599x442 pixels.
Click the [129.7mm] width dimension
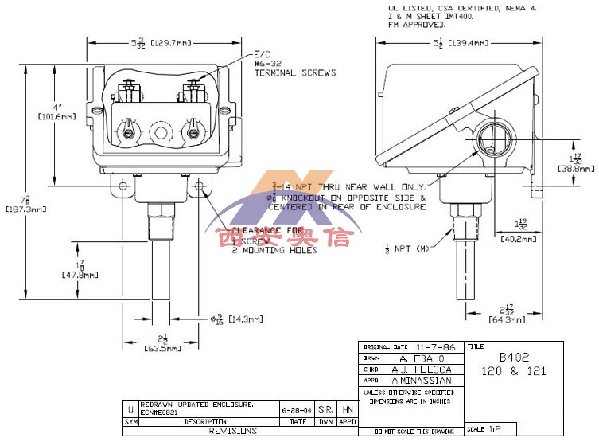[174, 42]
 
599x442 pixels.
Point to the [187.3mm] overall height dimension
[26, 209]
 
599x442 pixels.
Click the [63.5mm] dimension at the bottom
[163, 348]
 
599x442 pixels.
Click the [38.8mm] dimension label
[574, 169]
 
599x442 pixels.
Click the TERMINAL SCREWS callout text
[295, 72]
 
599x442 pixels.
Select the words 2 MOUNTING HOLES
[274, 250]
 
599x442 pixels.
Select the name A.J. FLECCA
[432, 370]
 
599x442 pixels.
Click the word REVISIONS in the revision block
[232, 431]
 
